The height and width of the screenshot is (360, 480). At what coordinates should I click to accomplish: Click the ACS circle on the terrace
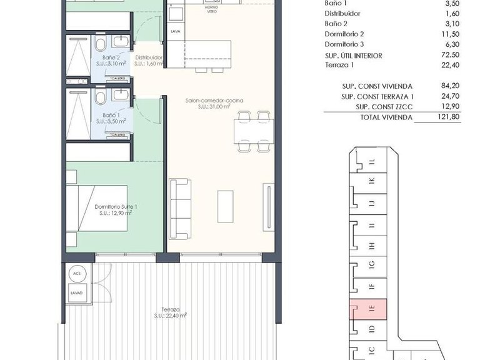77,274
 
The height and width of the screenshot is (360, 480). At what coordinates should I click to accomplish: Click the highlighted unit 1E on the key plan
371,307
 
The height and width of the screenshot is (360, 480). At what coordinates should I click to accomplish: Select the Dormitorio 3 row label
345,45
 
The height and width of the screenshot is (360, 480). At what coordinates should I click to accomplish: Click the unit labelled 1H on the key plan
371,246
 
